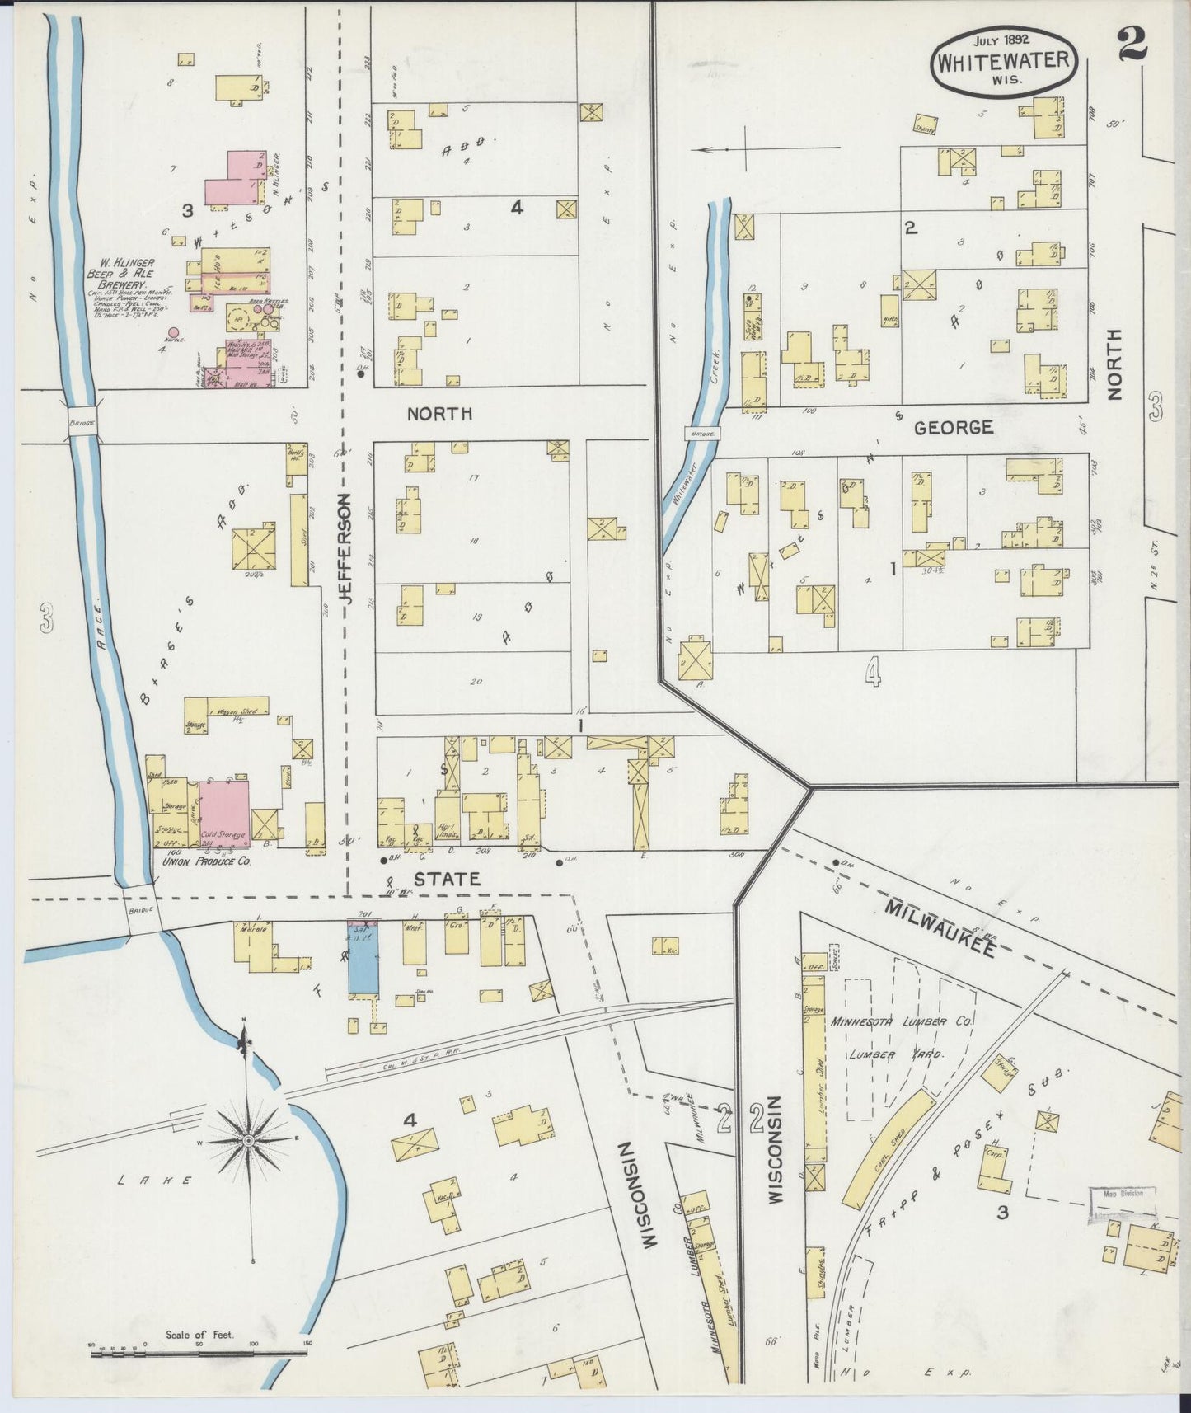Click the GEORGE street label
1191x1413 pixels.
pos(953,427)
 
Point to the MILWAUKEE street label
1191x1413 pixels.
pos(942,928)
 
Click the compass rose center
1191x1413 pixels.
pos(247,1140)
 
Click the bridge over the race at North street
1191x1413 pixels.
pos(82,421)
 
